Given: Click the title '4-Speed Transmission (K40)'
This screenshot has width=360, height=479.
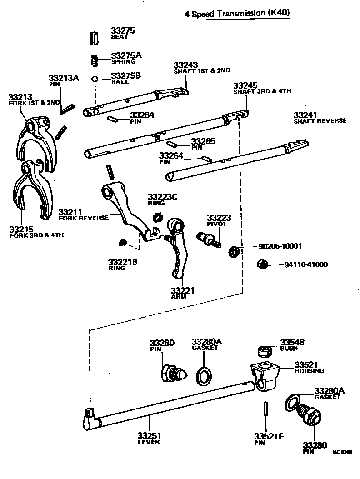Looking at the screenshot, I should point(236,14).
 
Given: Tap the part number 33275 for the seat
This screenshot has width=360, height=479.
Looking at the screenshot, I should point(123,31).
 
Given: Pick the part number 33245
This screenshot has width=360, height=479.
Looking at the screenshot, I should point(245,85).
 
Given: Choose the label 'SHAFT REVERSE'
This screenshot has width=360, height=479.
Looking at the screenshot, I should point(320,121).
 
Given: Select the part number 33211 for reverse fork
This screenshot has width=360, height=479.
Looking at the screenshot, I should point(70,212).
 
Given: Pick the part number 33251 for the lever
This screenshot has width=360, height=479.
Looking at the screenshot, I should point(149,436).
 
